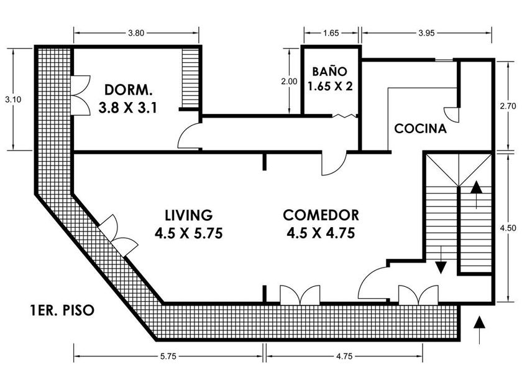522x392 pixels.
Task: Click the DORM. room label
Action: (x=129, y=90)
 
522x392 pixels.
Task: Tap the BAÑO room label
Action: (x=329, y=72)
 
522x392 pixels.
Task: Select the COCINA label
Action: (x=420, y=129)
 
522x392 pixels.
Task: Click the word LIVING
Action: (x=189, y=215)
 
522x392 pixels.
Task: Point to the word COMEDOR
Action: (x=321, y=215)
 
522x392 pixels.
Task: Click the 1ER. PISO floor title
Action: (x=62, y=310)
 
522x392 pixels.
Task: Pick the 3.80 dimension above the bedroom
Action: (x=136, y=33)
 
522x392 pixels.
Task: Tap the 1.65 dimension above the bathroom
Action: (x=331, y=33)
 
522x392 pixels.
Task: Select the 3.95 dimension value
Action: (x=426, y=33)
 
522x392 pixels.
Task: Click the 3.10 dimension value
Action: (x=13, y=100)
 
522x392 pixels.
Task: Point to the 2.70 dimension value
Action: (x=508, y=106)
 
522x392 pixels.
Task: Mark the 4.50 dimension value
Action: (x=508, y=228)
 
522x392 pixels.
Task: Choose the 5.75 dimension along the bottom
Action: (x=168, y=357)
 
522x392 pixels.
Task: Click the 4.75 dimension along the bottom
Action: (x=344, y=357)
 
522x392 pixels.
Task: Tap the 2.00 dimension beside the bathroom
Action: (x=289, y=82)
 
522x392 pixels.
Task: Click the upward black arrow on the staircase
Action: (x=477, y=195)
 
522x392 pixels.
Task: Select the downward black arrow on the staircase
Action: (x=441, y=260)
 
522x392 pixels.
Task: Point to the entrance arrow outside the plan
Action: (x=479, y=330)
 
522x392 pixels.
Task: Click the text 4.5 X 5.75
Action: (x=189, y=233)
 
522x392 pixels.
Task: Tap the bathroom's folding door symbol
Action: (x=345, y=116)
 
